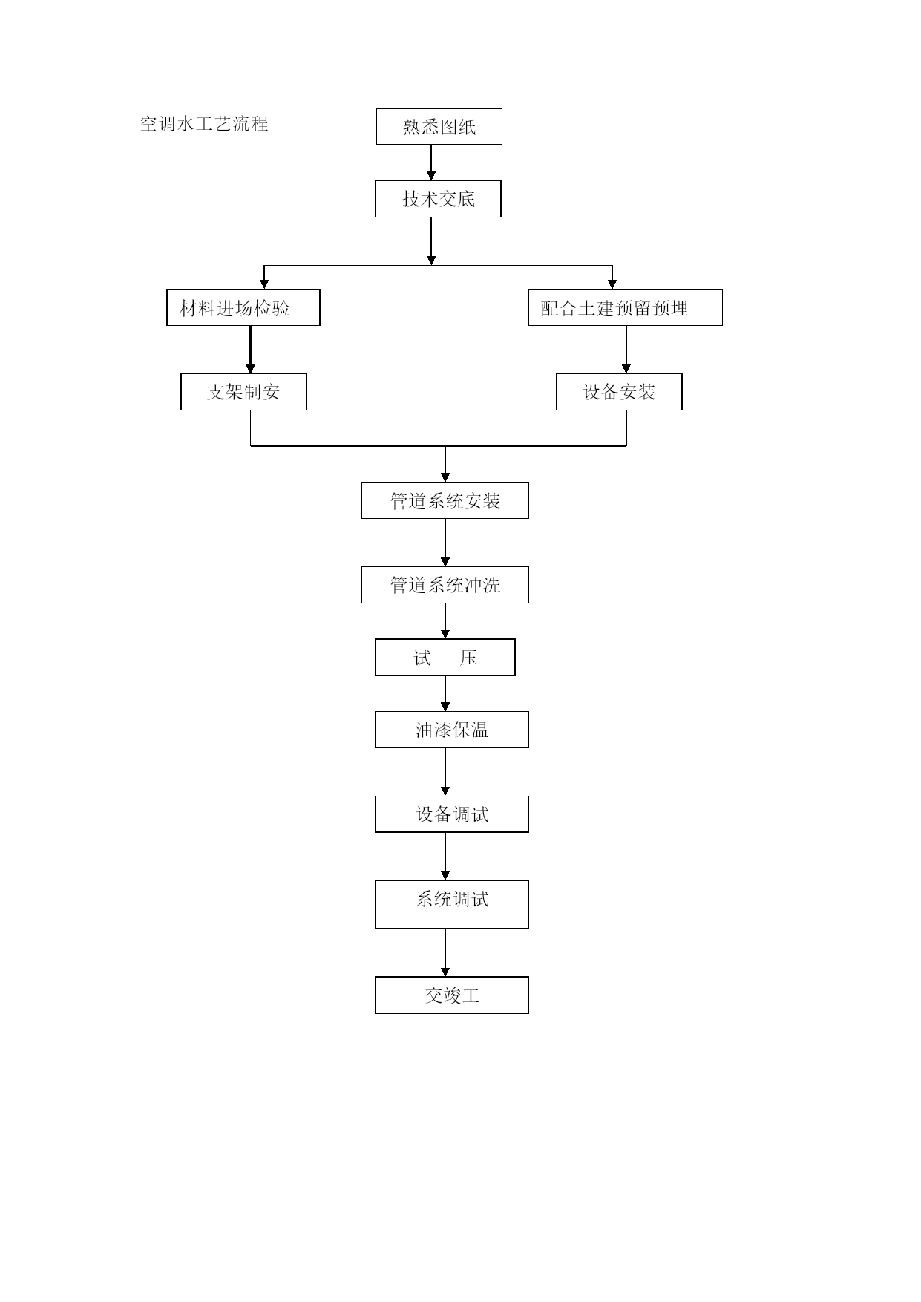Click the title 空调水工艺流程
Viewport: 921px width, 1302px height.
click(204, 124)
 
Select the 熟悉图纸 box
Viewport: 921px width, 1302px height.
click(439, 126)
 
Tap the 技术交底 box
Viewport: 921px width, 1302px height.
click(438, 199)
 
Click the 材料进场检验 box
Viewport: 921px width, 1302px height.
click(243, 307)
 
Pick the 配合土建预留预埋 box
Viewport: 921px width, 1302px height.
click(626, 307)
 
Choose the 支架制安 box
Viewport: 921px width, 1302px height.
click(243, 392)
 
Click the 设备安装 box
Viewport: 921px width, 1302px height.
click(619, 392)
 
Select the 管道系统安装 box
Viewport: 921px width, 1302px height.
click(445, 500)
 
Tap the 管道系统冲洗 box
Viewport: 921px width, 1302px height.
click(445, 585)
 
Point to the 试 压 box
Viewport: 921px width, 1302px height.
click(445, 658)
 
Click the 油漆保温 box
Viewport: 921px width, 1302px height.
click(452, 730)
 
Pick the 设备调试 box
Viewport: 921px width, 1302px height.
click(452, 814)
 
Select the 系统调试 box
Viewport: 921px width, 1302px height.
click(452, 904)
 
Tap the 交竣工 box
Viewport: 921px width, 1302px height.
click(452, 995)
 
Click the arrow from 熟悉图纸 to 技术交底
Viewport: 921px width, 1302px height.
click(431, 163)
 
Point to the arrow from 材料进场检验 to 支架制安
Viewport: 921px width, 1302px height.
click(251, 350)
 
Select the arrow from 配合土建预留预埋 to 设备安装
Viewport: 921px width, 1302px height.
click(626, 350)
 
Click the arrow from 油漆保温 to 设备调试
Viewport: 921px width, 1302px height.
click(445, 772)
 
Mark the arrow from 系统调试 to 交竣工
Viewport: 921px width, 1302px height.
click(445, 952)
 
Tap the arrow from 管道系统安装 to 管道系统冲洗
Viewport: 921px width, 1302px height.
click(445, 543)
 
